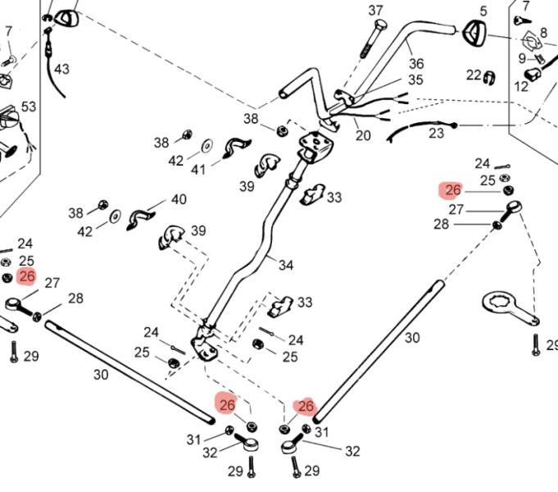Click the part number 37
375,11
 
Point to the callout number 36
416,63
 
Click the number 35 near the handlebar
415,80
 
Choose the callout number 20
363,135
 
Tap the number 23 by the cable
436,131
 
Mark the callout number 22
474,75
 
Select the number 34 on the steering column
285,265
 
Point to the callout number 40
179,199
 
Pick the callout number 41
198,170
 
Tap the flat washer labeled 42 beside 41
206,146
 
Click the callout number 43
62,69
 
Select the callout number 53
29,107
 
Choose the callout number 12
522,86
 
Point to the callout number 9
521,58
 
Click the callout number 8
543,33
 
